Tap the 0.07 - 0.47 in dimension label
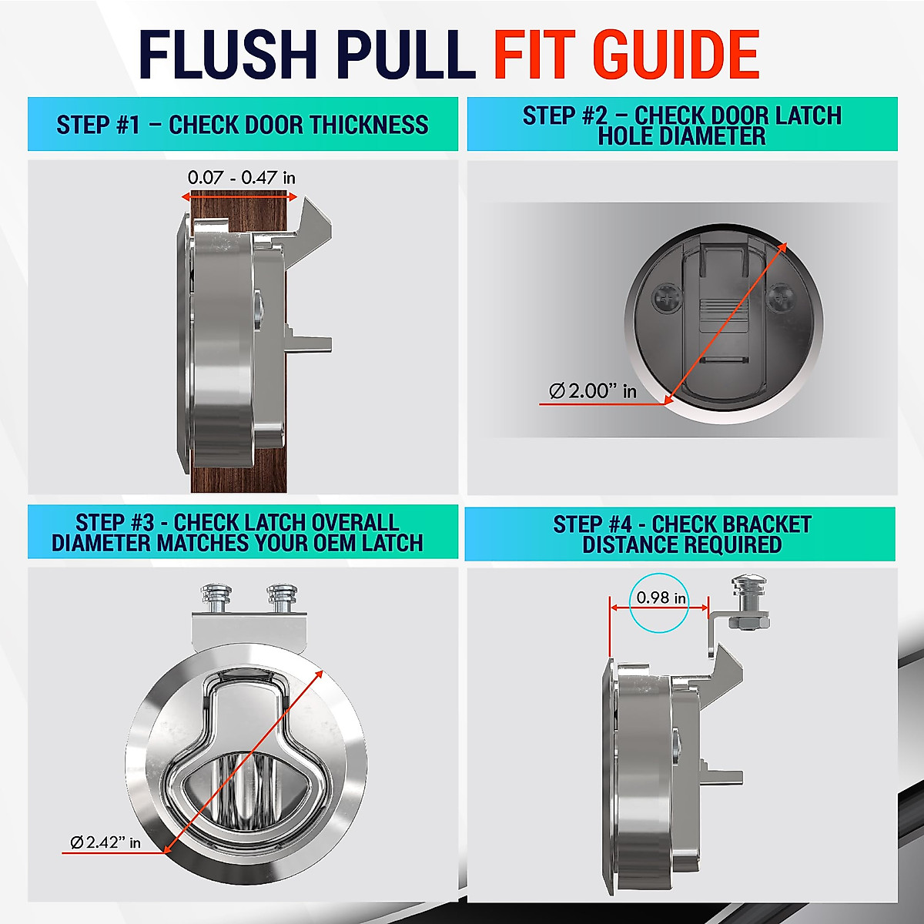[241, 178]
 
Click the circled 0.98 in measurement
[658, 598]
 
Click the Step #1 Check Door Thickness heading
[243, 125]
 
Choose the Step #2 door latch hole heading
[682, 126]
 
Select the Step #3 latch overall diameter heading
[237, 532]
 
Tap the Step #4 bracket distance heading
[682, 534]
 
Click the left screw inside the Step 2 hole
[665, 299]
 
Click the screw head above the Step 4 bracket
[745, 588]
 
